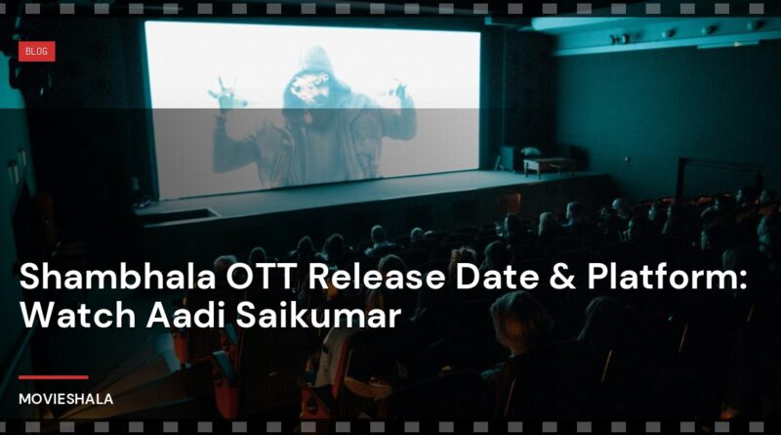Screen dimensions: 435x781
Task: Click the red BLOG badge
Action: click(x=36, y=51)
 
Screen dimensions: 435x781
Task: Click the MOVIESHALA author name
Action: click(x=65, y=399)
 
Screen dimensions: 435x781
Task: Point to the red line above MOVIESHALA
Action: click(x=53, y=376)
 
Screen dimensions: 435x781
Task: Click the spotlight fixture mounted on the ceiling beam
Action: click(x=619, y=38)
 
